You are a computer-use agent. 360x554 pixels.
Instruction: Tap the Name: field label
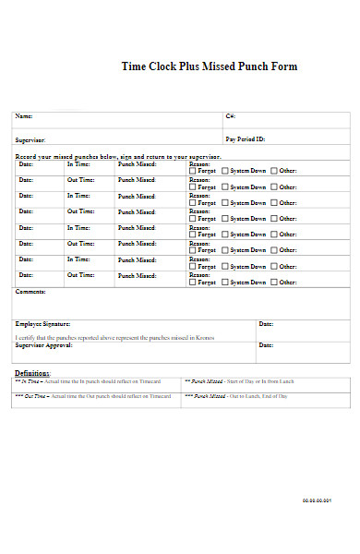click(x=23, y=116)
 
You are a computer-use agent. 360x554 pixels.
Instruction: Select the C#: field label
click(x=230, y=116)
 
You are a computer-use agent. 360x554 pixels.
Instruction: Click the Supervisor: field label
click(x=30, y=138)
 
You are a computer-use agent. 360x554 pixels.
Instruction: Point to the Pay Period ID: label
click(x=246, y=138)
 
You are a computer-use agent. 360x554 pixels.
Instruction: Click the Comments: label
click(x=30, y=291)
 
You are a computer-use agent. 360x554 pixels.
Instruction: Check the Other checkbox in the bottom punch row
click(x=274, y=282)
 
